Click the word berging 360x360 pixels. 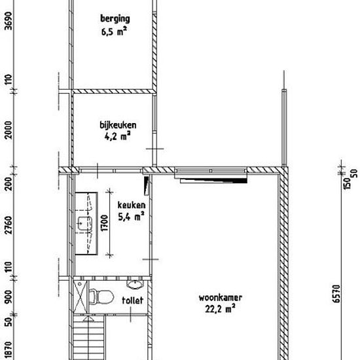(x=115, y=19)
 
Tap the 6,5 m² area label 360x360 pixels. (x=114, y=31)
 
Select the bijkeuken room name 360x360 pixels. (x=118, y=126)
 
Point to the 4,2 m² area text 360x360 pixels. (x=118, y=136)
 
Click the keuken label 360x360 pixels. (x=132, y=205)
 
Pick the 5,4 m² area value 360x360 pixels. (x=131, y=216)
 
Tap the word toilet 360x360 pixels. (x=132, y=300)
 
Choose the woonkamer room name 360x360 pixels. (x=220, y=298)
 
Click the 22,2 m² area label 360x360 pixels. (x=220, y=309)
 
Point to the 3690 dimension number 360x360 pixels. (x=9, y=21)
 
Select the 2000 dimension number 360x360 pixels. (x=9, y=130)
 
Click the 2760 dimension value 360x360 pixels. (x=9, y=225)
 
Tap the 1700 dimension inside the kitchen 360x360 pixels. (x=104, y=223)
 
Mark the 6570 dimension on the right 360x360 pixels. (x=336, y=294)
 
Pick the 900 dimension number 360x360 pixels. (x=9, y=297)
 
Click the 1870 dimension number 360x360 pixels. (x=9, y=352)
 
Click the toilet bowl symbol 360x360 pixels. (x=101, y=297)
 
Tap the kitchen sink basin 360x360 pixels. (x=84, y=223)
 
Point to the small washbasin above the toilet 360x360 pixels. (x=135, y=284)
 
